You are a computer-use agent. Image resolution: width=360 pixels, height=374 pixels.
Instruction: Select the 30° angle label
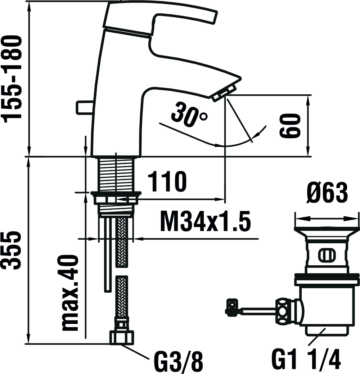[190, 114]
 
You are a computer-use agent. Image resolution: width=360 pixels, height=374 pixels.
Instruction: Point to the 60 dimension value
[290, 126]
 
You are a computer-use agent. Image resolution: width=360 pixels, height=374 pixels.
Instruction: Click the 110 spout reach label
[167, 181]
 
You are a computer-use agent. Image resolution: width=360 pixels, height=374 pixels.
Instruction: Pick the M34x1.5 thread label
[206, 221]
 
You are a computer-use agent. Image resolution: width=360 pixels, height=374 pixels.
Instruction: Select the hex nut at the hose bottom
[122, 337]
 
